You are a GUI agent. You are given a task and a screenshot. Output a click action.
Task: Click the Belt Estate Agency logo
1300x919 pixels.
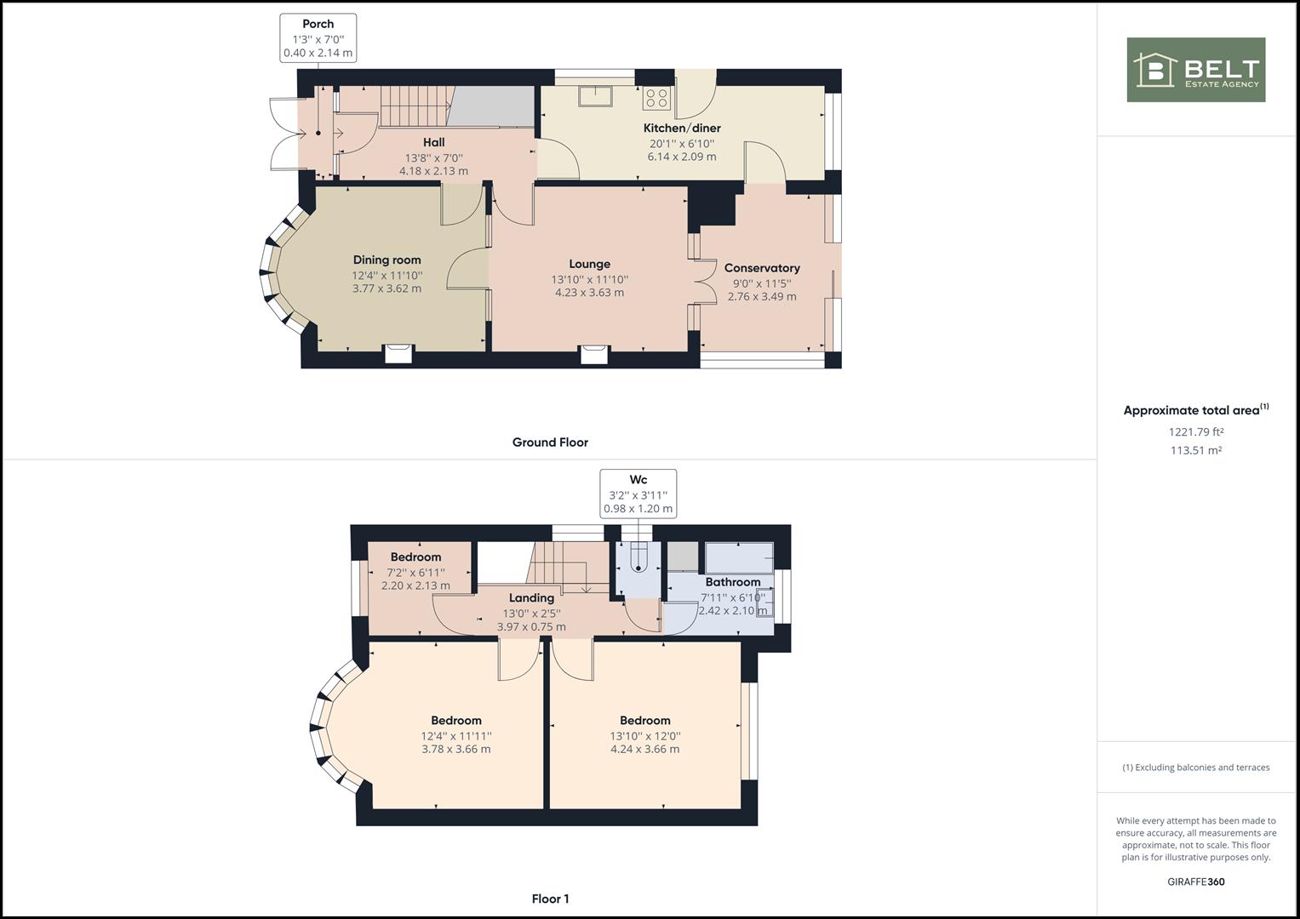click(x=1196, y=70)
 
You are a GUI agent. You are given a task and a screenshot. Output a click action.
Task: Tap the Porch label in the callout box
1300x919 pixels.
click(x=318, y=24)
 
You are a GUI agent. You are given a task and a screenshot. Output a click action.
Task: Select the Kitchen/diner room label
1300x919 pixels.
click(x=682, y=128)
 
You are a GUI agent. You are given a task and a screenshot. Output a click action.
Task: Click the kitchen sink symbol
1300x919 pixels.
click(x=595, y=96)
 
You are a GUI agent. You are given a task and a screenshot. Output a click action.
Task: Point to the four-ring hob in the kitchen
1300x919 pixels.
click(x=657, y=98)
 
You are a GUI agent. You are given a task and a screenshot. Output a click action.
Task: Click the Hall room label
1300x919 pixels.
click(x=433, y=142)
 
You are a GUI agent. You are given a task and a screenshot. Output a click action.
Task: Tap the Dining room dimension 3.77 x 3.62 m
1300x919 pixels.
click(x=387, y=288)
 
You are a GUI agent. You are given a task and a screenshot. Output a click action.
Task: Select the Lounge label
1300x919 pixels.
click(x=590, y=264)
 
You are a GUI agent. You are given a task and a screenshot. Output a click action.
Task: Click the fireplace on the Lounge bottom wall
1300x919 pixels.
click(x=594, y=354)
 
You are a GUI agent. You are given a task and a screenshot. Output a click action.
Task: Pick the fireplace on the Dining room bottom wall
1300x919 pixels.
click(x=398, y=353)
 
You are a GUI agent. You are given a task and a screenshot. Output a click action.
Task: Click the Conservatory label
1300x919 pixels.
click(x=762, y=268)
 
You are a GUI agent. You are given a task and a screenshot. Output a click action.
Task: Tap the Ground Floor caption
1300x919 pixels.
click(x=550, y=442)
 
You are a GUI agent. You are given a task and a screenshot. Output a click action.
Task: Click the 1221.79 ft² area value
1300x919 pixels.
click(x=1196, y=431)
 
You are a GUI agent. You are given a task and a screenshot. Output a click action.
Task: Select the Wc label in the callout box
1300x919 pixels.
click(x=638, y=480)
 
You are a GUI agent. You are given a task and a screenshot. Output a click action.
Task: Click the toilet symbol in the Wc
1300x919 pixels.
click(x=639, y=557)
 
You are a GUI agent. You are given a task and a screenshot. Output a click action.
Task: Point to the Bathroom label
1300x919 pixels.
click(x=733, y=582)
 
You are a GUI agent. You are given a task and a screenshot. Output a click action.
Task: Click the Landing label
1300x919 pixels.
click(x=531, y=598)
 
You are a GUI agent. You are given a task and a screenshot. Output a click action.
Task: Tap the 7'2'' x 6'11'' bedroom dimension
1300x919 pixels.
click(x=415, y=573)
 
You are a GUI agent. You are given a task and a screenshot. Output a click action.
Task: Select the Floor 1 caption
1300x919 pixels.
click(x=550, y=899)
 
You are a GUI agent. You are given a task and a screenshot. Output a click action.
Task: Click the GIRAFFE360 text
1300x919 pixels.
click(x=1196, y=882)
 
